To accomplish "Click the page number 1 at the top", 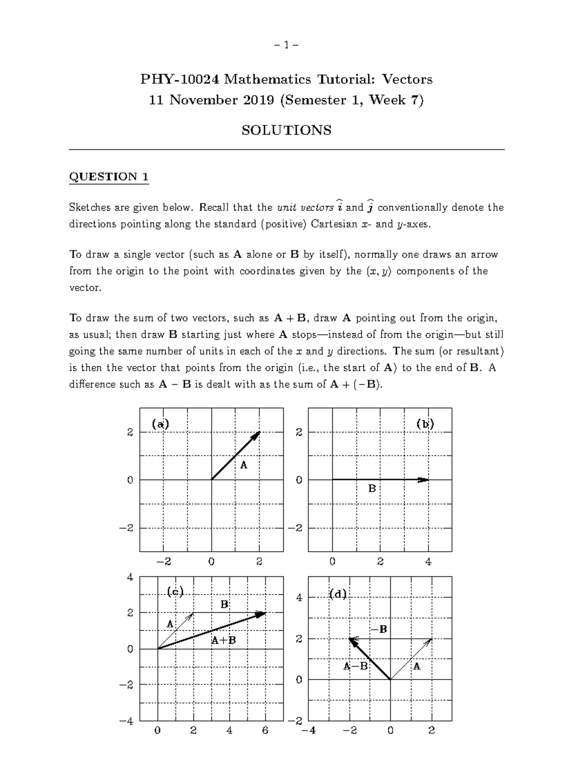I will click(287, 46).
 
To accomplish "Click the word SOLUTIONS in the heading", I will click(287, 130).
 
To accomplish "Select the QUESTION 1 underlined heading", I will click(109, 177).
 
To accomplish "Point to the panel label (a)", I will click(160, 424).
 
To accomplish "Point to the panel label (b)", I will click(425, 424).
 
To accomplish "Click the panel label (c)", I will click(175, 592).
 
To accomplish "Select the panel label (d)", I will click(338, 594).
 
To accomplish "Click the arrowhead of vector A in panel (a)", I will click(258, 434).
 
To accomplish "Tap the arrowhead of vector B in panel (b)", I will click(424, 480).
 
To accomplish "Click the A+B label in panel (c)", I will click(224, 640).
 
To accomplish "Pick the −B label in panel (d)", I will click(379, 629).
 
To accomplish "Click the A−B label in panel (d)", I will click(355, 666).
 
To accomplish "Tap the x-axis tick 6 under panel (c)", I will click(265, 731).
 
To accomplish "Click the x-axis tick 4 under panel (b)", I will click(429, 562).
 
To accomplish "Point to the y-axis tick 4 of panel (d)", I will click(299, 598).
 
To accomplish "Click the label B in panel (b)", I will click(372, 488).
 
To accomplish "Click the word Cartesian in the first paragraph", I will click(333, 225).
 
